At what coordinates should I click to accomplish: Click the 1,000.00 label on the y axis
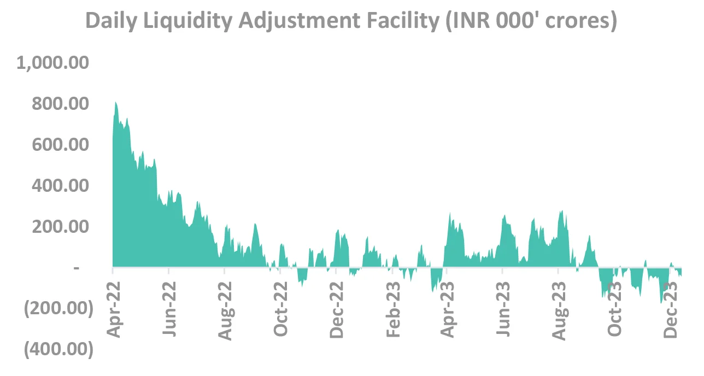(x=52, y=63)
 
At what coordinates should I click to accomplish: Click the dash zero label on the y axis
(x=77, y=268)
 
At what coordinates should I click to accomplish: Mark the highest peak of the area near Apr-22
(x=115, y=102)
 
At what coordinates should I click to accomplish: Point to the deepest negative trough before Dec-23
(x=661, y=302)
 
